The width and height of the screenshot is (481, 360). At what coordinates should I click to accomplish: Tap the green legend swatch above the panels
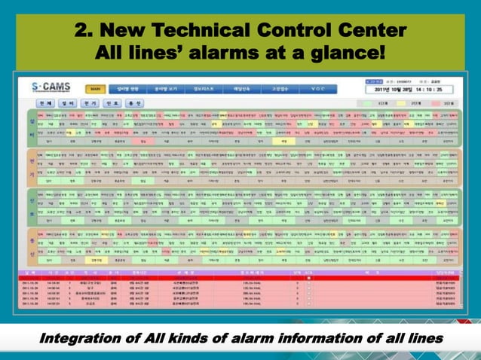coord(383,102)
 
